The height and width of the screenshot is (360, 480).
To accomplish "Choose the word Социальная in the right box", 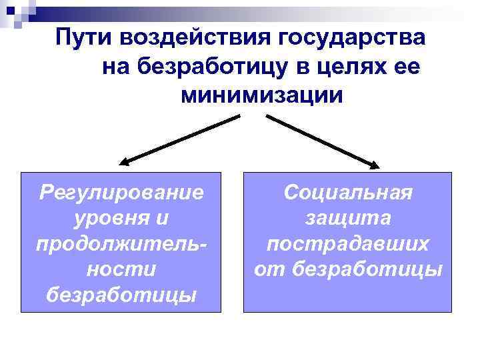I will pos(348,193).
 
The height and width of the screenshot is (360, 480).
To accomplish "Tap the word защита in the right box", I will pos(348,218).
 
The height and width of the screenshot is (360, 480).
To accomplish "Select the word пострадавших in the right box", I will pos(348,243).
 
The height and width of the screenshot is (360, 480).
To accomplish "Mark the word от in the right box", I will pos(269,269).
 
